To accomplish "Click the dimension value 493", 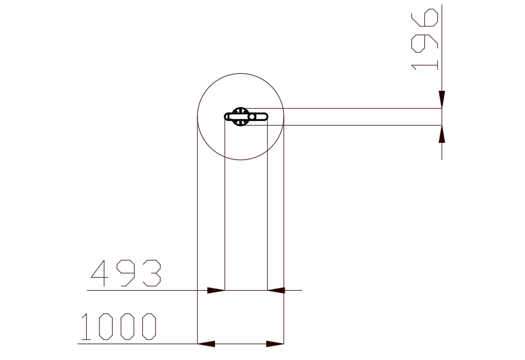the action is pyautogui.click(x=126, y=273).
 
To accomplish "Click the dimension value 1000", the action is pyautogui.click(x=119, y=326).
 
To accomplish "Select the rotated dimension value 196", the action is pyautogui.click(x=424, y=40).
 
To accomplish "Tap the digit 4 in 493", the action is pyautogui.click(x=100, y=273).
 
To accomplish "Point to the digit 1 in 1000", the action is pyautogui.click(x=86, y=326).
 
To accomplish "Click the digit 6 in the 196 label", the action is pyautogui.click(x=424, y=18).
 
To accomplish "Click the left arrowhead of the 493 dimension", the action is pyautogui.click(x=216, y=290).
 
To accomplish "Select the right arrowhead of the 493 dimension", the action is pyautogui.click(x=276, y=290).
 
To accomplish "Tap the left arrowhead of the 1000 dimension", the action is pyautogui.click(x=206, y=344).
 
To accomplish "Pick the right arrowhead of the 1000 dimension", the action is pyautogui.click(x=275, y=344).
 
